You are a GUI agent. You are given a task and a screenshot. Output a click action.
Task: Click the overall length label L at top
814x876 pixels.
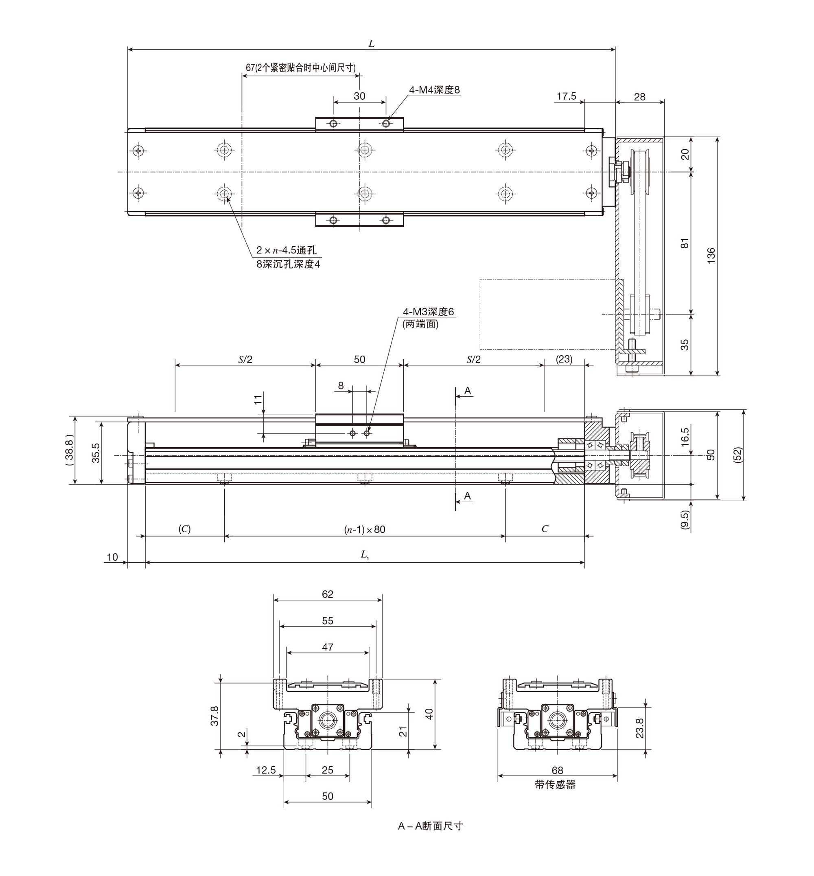pos(371,44)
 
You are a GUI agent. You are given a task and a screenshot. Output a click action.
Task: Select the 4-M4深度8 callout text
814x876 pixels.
pos(435,90)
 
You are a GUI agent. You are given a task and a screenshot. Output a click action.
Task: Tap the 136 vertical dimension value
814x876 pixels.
pos(711,256)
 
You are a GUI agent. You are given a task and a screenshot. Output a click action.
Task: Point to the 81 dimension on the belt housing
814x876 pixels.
pos(685,243)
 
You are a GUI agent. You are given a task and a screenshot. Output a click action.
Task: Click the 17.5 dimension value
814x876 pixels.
pos(567,96)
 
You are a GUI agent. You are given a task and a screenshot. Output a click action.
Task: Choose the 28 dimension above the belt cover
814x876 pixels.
pos(639,97)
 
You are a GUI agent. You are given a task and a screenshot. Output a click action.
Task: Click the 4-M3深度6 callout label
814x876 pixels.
pos(428,312)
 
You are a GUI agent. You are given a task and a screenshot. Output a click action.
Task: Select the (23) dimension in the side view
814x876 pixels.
pos(564,359)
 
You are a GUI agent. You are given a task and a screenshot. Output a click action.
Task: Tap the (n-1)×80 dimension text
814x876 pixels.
pos(365,529)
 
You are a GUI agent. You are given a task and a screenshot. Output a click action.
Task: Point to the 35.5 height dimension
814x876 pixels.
pos(96,453)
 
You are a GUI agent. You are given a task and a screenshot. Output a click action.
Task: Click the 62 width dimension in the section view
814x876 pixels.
pos(328,594)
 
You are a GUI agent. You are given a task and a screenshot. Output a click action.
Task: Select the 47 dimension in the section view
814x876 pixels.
pos(328,647)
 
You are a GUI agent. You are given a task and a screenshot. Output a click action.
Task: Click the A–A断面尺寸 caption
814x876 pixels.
pos(430,826)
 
